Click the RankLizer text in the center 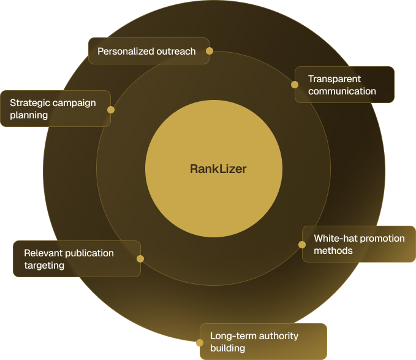click(218, 169)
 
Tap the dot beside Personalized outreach click(210, 51)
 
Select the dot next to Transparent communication click(295, 85)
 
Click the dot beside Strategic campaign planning click(111, 110)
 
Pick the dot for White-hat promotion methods click(302, 245)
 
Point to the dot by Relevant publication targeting click(140, 259)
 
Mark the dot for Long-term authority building click(200, 342)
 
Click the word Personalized click(126, 52)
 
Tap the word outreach click(176, 52)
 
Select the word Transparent click(335, 79)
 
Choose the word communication click(342, 91)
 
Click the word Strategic click(30, 103)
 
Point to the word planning click(29, 115)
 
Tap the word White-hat click(335, 238)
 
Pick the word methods click(333, 250)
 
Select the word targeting click(44, 266)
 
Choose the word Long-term click(233, 336)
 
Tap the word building click(228, 348)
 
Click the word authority click(279, 336)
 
